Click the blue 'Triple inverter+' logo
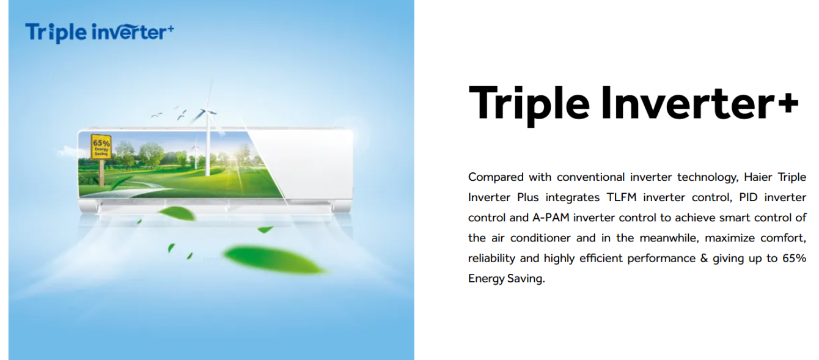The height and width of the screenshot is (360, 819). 100,32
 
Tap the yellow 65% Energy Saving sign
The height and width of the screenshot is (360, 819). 101,147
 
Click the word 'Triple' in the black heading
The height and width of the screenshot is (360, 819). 529,104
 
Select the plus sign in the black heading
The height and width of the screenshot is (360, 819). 788,103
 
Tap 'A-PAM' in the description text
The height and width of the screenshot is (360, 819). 551,218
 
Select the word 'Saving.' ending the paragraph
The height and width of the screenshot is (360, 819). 526,279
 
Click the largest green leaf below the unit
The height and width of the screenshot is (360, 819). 273,260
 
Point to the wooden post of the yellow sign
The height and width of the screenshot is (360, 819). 101,172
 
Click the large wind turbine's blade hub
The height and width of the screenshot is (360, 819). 207,111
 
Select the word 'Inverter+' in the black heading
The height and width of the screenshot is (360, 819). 700,103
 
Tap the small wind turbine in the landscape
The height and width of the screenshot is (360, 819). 195,155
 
